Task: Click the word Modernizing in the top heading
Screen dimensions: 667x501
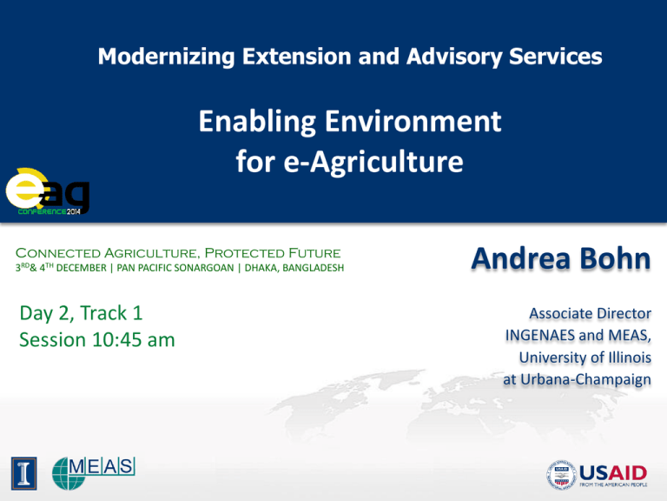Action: pos(167,57)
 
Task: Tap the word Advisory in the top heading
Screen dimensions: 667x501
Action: pos(454,57)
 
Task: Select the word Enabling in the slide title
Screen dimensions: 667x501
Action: pos(257,123)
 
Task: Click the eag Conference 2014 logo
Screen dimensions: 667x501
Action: pos(47,191)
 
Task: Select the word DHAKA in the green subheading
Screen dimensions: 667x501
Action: pos(261,268)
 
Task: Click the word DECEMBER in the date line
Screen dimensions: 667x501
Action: pos(82,268)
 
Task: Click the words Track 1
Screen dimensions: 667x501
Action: pos(111,313)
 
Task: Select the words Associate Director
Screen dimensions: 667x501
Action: pos(590,313)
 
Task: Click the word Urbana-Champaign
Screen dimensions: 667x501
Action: pos(585,379)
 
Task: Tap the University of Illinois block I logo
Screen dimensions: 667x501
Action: pos(23,473)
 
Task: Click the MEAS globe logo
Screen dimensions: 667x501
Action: pos(94,473)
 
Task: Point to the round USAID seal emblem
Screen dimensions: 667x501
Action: pos(561,474)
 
